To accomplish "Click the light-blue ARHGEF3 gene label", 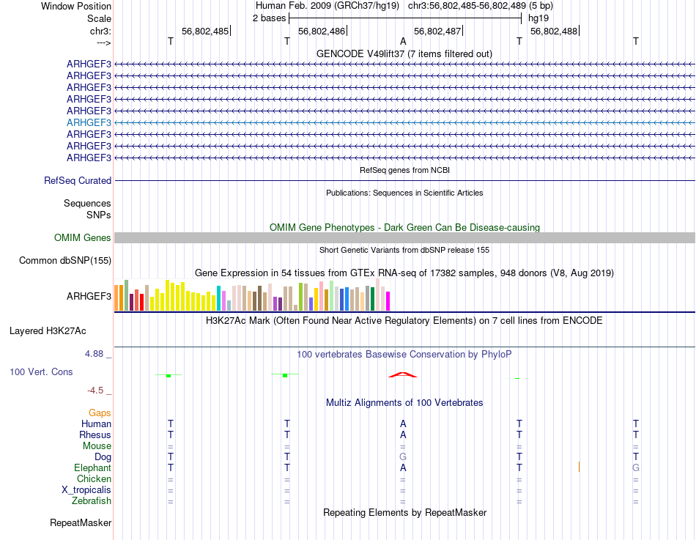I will click(x=89, y=122).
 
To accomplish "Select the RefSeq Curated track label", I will click(x=78, y=180).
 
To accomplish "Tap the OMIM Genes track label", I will click(x=83, y=237).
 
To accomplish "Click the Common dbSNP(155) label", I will click(x=65, y=260).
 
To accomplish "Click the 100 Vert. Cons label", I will click(x=41, y=371).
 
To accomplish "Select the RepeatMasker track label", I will click(x=81, y=523).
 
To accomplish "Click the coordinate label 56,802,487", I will click(x=437, y=32).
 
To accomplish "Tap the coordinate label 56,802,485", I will click(x=205, y=32).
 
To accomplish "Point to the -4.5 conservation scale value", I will click(x=97, y=391).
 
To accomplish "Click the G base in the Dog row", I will click(x=403, y=456).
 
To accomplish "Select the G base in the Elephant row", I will click(x=636, y=467).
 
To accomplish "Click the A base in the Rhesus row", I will click(x=403, y=434).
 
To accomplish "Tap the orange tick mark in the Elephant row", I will click(x=579, y=467).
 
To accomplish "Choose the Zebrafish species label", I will click(x=92, y=501).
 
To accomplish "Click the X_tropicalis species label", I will click(x=86, y=489).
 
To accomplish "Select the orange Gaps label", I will click(x=100, y=413).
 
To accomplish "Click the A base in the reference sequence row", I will click(x=403, y=42).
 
